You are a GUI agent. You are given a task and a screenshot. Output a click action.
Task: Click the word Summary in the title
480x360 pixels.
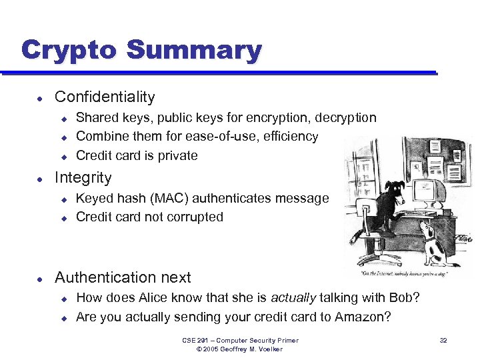pyautogui.click(x=194, y=51)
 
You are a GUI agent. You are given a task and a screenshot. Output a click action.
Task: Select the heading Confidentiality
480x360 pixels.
pyautogui.click(x=105, y=97)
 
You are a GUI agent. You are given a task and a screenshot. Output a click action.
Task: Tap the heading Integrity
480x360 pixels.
pyautogui.click(x=83, y=177)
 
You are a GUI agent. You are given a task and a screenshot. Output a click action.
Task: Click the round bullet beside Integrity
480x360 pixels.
pyautogui.click(x=41, y=179)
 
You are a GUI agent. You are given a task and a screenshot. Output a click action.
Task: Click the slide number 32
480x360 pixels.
pyautogui.click(x=443, y=341)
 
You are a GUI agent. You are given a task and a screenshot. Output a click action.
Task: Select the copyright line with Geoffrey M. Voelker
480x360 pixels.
pyautogui.click(x=241, y=349)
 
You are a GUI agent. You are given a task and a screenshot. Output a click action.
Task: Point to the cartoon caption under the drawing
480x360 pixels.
pyautogui.click(x=411, y=274)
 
